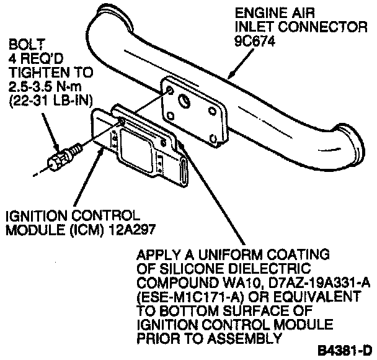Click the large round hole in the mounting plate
click(x=185, y=102)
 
